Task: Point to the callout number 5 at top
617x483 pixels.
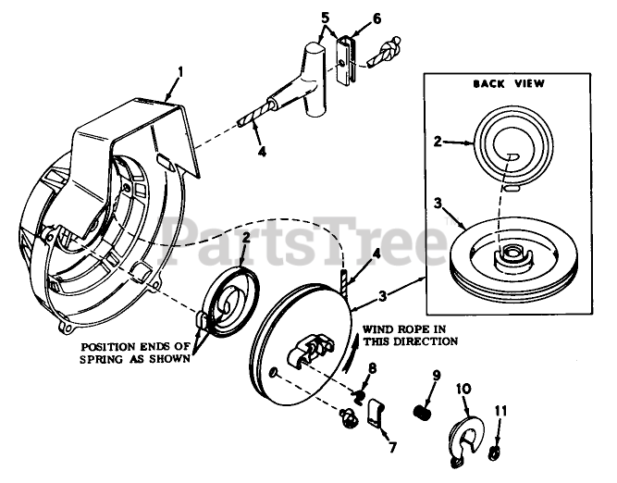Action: point(324,18)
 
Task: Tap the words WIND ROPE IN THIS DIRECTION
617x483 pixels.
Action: point(409,334)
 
